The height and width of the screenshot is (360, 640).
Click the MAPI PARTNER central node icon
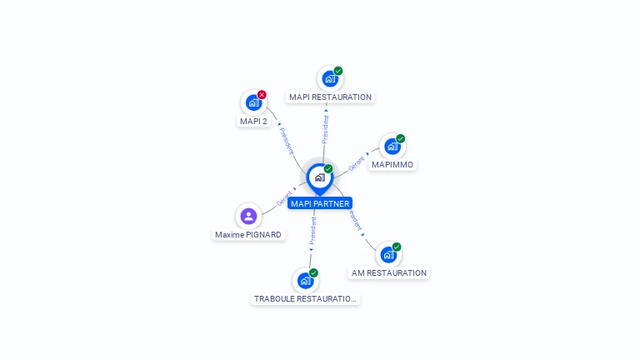tap(319, 177)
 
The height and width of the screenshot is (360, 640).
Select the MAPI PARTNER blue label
tap(320, 203)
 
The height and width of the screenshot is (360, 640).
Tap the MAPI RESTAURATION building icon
tap(330, 79)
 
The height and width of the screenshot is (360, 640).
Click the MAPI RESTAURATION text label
tap(330, 97)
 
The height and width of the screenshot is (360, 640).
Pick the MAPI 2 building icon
tap(253, 102)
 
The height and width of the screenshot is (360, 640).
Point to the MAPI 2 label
tap(253, 122)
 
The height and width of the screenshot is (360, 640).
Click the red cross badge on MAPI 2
tap(262, 94)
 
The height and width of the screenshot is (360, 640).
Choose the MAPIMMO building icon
tap(392, 147)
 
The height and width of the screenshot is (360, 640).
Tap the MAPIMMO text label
tap(392, 165)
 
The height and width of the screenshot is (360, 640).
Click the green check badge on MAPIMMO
tap(401, 138)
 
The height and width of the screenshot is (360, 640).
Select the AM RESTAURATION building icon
tap(388, 255)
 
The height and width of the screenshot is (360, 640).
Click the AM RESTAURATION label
tap(388, 273)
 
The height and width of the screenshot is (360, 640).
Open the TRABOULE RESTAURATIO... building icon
tap(306, 281)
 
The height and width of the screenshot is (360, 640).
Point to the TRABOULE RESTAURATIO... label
tap(306, 299)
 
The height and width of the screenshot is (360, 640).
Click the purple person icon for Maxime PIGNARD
tap(248, 217)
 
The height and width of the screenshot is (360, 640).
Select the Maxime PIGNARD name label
tap(248, 235)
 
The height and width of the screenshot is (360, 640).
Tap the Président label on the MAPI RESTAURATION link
tap(326, 129)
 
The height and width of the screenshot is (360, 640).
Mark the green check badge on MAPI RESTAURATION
tap(338, 71)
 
